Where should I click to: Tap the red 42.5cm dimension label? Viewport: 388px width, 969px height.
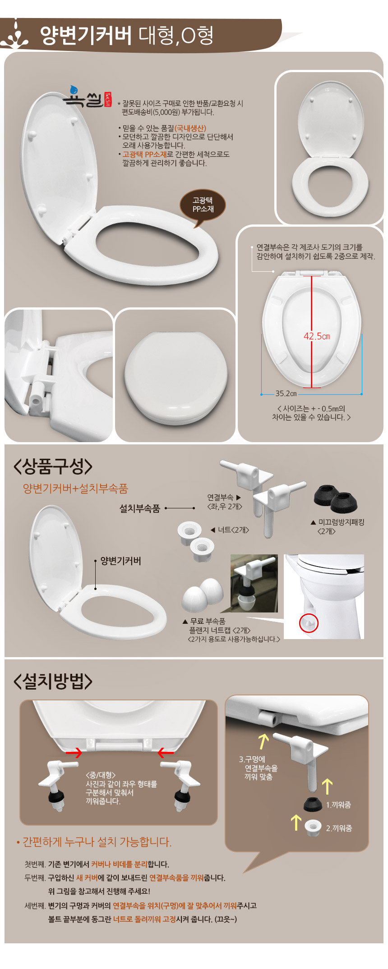coord(317,336)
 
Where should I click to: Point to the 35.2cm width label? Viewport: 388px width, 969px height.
coord(286,393)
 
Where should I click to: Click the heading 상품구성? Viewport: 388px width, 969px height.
coord(53,466)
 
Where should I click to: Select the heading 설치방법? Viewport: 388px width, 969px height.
coord(53,681)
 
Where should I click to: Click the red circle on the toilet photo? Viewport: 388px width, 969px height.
coord(309,623)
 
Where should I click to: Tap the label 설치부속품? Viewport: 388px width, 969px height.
coord(139,508)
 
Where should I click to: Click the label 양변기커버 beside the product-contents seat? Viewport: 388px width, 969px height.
coord(121,561)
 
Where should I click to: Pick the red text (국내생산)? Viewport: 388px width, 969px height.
coord(190,128)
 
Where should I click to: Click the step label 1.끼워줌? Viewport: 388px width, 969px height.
coord(338,804)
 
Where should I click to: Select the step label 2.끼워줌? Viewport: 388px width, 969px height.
coord(339,828)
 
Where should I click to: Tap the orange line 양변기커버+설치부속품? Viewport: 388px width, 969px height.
coord(75,489)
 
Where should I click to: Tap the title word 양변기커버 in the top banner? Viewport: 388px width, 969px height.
coord(86,35)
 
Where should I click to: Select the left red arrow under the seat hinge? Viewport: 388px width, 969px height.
coord(74,752)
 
